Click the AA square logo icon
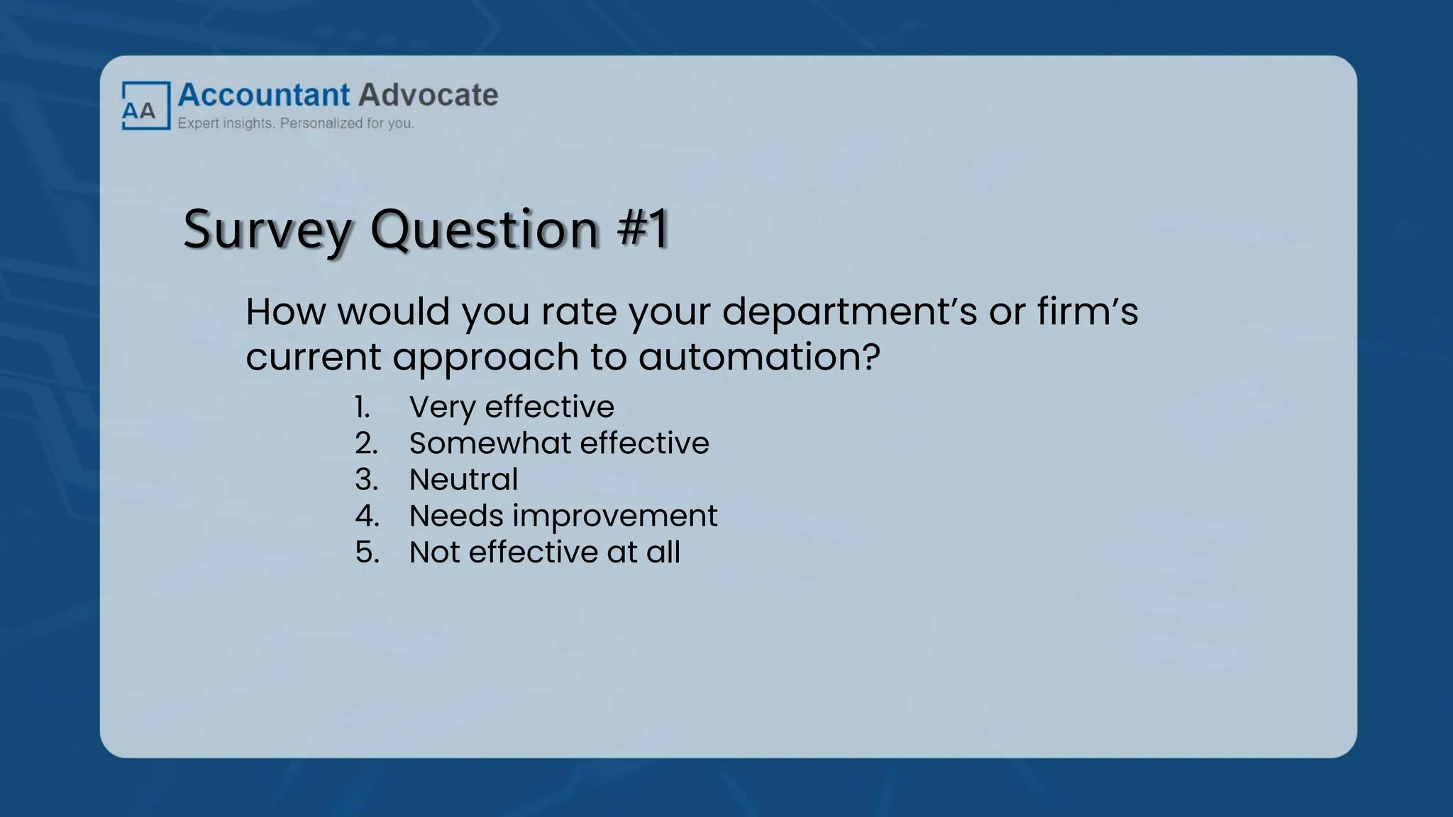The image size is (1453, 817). coord(146,106)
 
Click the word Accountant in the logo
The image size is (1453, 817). coord(264,95)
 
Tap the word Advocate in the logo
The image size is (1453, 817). coord(429,95)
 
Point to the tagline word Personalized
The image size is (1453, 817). coord(321,123)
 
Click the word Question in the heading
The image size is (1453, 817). coord(485,230)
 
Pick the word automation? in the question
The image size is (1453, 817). coord(759,356)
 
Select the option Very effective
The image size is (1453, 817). coord(512,407)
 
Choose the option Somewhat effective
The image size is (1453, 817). coord(559,443)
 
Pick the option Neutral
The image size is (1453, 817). coord(463,479)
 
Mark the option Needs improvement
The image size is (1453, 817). coord(563,516)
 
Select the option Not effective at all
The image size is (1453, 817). coord(544,552)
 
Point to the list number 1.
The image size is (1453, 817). coord(362,407)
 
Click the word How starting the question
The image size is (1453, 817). coord(285,312)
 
